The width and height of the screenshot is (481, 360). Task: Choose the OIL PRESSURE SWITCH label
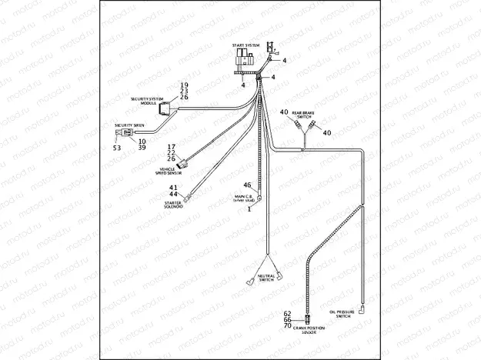(x=341, y=314)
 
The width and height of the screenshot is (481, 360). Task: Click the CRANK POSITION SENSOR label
(x=310, y=330)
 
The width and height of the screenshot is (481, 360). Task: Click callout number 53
(x=117, y=147)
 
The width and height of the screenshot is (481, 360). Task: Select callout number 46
(x=247, y=185)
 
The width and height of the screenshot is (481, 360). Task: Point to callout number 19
(x=184, y=84)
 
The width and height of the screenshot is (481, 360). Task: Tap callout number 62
(x=287, y=314)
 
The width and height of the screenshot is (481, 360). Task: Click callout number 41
(x=174, y=188)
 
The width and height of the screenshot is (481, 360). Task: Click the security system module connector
(x=164, y=111)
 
